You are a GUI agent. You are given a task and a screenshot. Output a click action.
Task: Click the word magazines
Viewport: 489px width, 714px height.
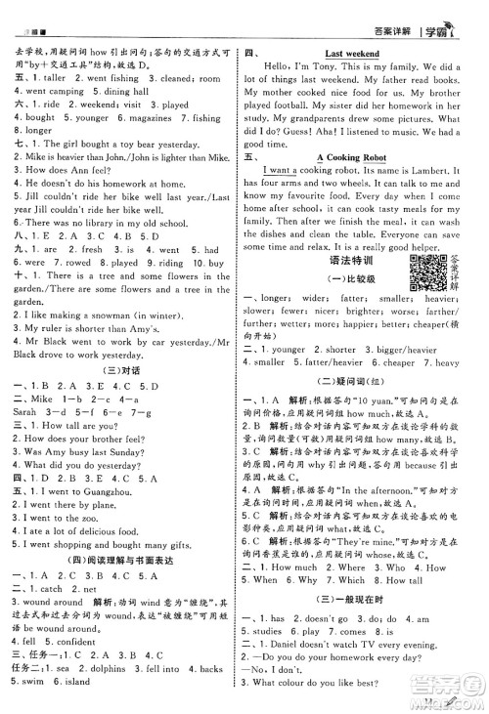coord(151,118)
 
